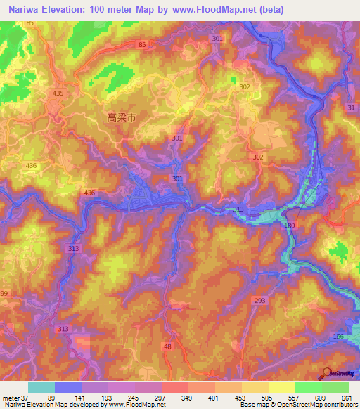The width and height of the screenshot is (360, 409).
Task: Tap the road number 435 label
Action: (58, 93)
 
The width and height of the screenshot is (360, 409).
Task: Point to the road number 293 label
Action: (259, 300)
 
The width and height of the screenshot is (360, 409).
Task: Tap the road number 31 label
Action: (351, 106)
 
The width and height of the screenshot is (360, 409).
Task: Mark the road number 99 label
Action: (4, 292)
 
